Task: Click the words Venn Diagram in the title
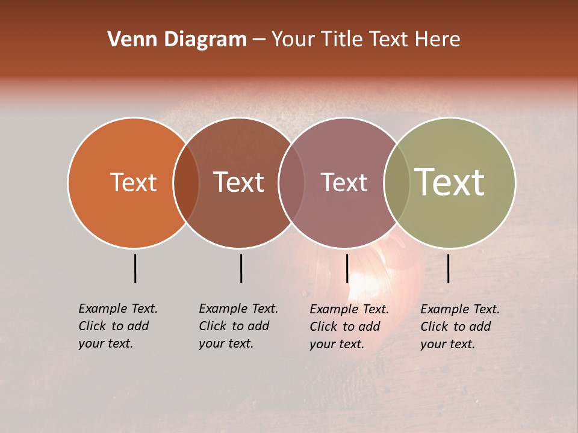click(177, 40)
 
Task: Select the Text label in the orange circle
click(133, 182)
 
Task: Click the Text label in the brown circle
click(239, 182)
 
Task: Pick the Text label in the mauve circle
click(344, 182)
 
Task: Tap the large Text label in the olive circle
click(450, 182)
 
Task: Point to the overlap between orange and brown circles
click(186, 182)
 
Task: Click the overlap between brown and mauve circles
click(291, 182)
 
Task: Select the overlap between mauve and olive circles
click(396, 182)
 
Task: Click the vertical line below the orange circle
click(135, 268)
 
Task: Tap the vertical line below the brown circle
click(241, 268)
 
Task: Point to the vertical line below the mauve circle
click(347, 268)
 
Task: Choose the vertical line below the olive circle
click(448, 268)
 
